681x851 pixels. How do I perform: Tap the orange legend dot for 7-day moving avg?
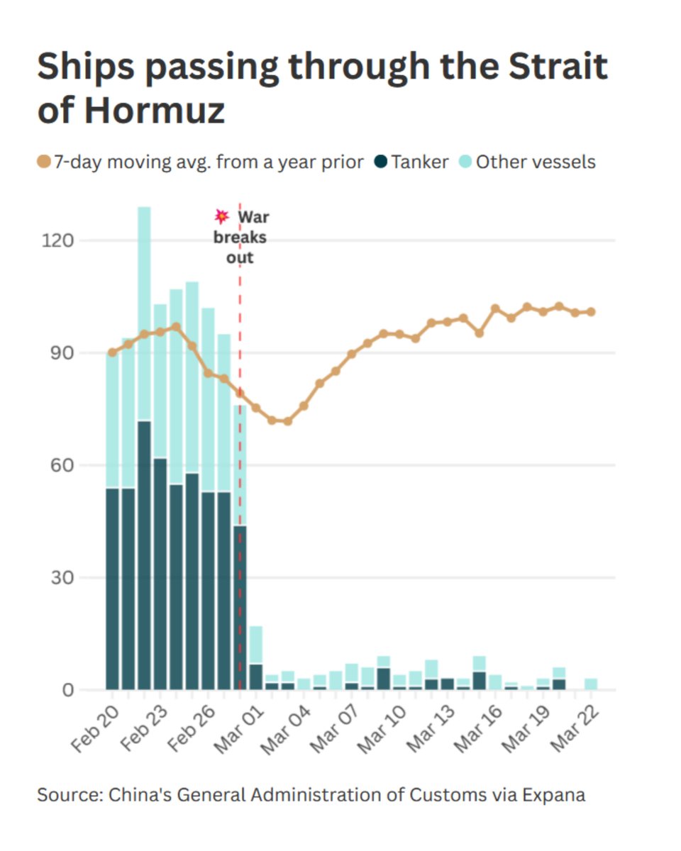tap(44, 162)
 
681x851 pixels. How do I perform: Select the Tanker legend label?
tap(420, 162)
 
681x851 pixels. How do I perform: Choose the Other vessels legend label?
tap(536, 162)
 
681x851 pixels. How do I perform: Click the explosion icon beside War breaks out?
tap(222, 216)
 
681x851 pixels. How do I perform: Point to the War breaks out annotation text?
tap(241, 237)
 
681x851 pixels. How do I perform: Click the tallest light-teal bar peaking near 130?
tap(144, 312)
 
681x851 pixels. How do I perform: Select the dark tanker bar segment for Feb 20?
tap(112, 589)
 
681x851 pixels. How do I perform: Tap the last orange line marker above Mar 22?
tap(591, 311)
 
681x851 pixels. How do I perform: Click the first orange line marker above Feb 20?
tap(112, 352)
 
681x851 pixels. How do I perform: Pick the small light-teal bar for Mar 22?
tap(591, 684)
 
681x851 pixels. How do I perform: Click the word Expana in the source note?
tap(558, 794)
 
